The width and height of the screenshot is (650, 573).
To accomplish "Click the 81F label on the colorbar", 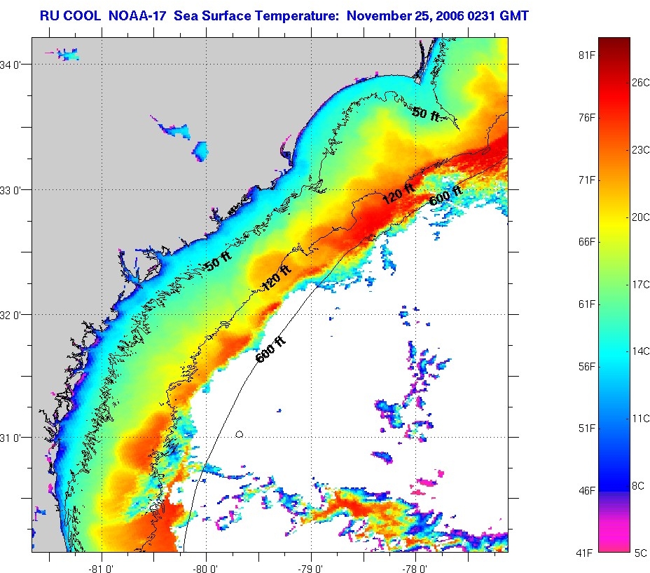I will pos(585,55).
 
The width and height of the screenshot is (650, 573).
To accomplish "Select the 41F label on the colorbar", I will pos(585,553).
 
